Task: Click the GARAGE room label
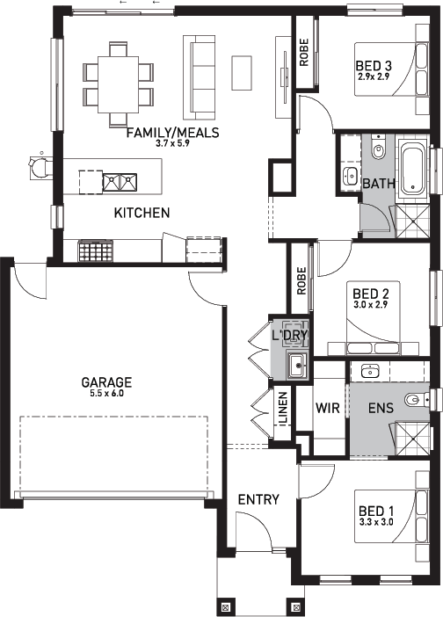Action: click(106, 382)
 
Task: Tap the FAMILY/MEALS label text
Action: click(172, 134)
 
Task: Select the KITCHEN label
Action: click(142, 213)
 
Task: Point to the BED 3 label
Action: click(373, 66)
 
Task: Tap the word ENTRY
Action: click(258, 499)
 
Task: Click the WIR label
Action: click(327, 407)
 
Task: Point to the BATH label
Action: click(378, 184)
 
